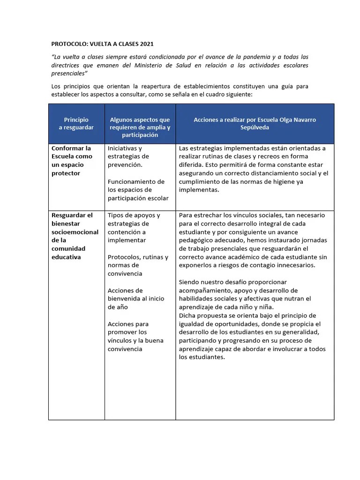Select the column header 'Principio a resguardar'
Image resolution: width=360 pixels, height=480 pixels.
click(x=76, y=123)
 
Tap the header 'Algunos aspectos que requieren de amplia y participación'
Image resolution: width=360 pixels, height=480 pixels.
click(x=140, y=127)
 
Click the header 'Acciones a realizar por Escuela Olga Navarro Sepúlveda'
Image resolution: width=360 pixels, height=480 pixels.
click(x=255, y=123)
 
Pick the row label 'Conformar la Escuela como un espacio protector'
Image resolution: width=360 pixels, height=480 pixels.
click(x=72, y=160)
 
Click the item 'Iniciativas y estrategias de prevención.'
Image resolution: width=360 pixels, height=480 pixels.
click(x=129, y=156)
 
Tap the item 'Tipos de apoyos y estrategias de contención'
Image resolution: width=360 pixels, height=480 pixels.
click(x=134, y=227)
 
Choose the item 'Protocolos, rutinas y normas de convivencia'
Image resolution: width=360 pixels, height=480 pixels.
click(x=137, y=265)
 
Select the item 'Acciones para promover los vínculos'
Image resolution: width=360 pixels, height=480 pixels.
click(x=135, y=336)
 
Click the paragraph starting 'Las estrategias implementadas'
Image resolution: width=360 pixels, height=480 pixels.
click(x=253, y=169)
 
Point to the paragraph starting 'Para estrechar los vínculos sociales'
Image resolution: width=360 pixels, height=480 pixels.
click(x=253, y=240)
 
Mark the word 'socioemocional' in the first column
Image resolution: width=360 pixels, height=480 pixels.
click(x=75, y=232)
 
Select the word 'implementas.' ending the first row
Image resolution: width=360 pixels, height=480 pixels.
click(x=199, y=190)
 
